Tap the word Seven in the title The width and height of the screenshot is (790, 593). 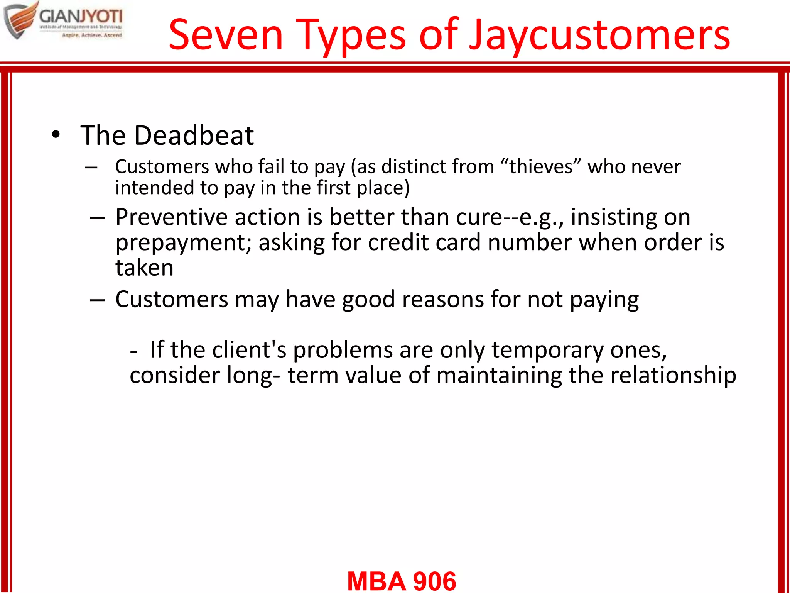coord(226,36)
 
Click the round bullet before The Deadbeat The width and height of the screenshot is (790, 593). coord(56,135)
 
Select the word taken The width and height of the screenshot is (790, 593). coord(144,268)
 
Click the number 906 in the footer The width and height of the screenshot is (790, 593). coord(434,581)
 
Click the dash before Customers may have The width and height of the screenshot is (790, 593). coord(97,300)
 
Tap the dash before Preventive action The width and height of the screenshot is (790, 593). coord(97,218)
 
